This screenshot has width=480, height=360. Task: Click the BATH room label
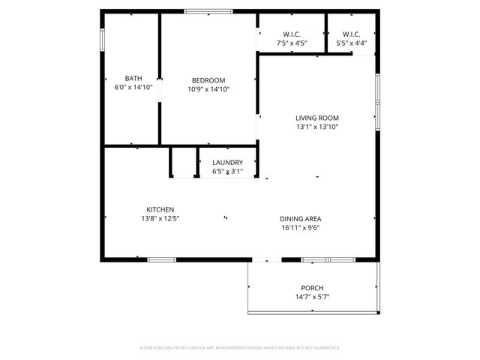133,79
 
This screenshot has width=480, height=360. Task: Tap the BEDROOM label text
208,80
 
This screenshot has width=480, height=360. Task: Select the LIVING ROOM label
316,118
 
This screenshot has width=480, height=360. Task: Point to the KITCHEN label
160,209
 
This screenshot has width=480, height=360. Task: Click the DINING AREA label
301,218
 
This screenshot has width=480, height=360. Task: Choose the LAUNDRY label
227,163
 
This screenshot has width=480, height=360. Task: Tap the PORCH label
312,288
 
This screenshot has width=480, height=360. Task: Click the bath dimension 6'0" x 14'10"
133,88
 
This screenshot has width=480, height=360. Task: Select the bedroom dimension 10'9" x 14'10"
208,89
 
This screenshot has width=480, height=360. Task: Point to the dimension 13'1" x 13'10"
316,127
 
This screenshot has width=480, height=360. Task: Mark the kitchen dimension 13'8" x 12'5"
160,218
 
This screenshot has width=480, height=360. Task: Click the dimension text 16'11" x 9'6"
301,227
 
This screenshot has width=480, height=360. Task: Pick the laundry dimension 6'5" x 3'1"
227,171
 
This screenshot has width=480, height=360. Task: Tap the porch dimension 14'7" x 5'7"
312,297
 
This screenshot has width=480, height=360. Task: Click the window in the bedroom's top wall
208,11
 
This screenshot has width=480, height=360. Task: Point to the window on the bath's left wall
103,40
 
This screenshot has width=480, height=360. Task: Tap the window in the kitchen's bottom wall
161,259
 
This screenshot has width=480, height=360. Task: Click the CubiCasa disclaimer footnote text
240,348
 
